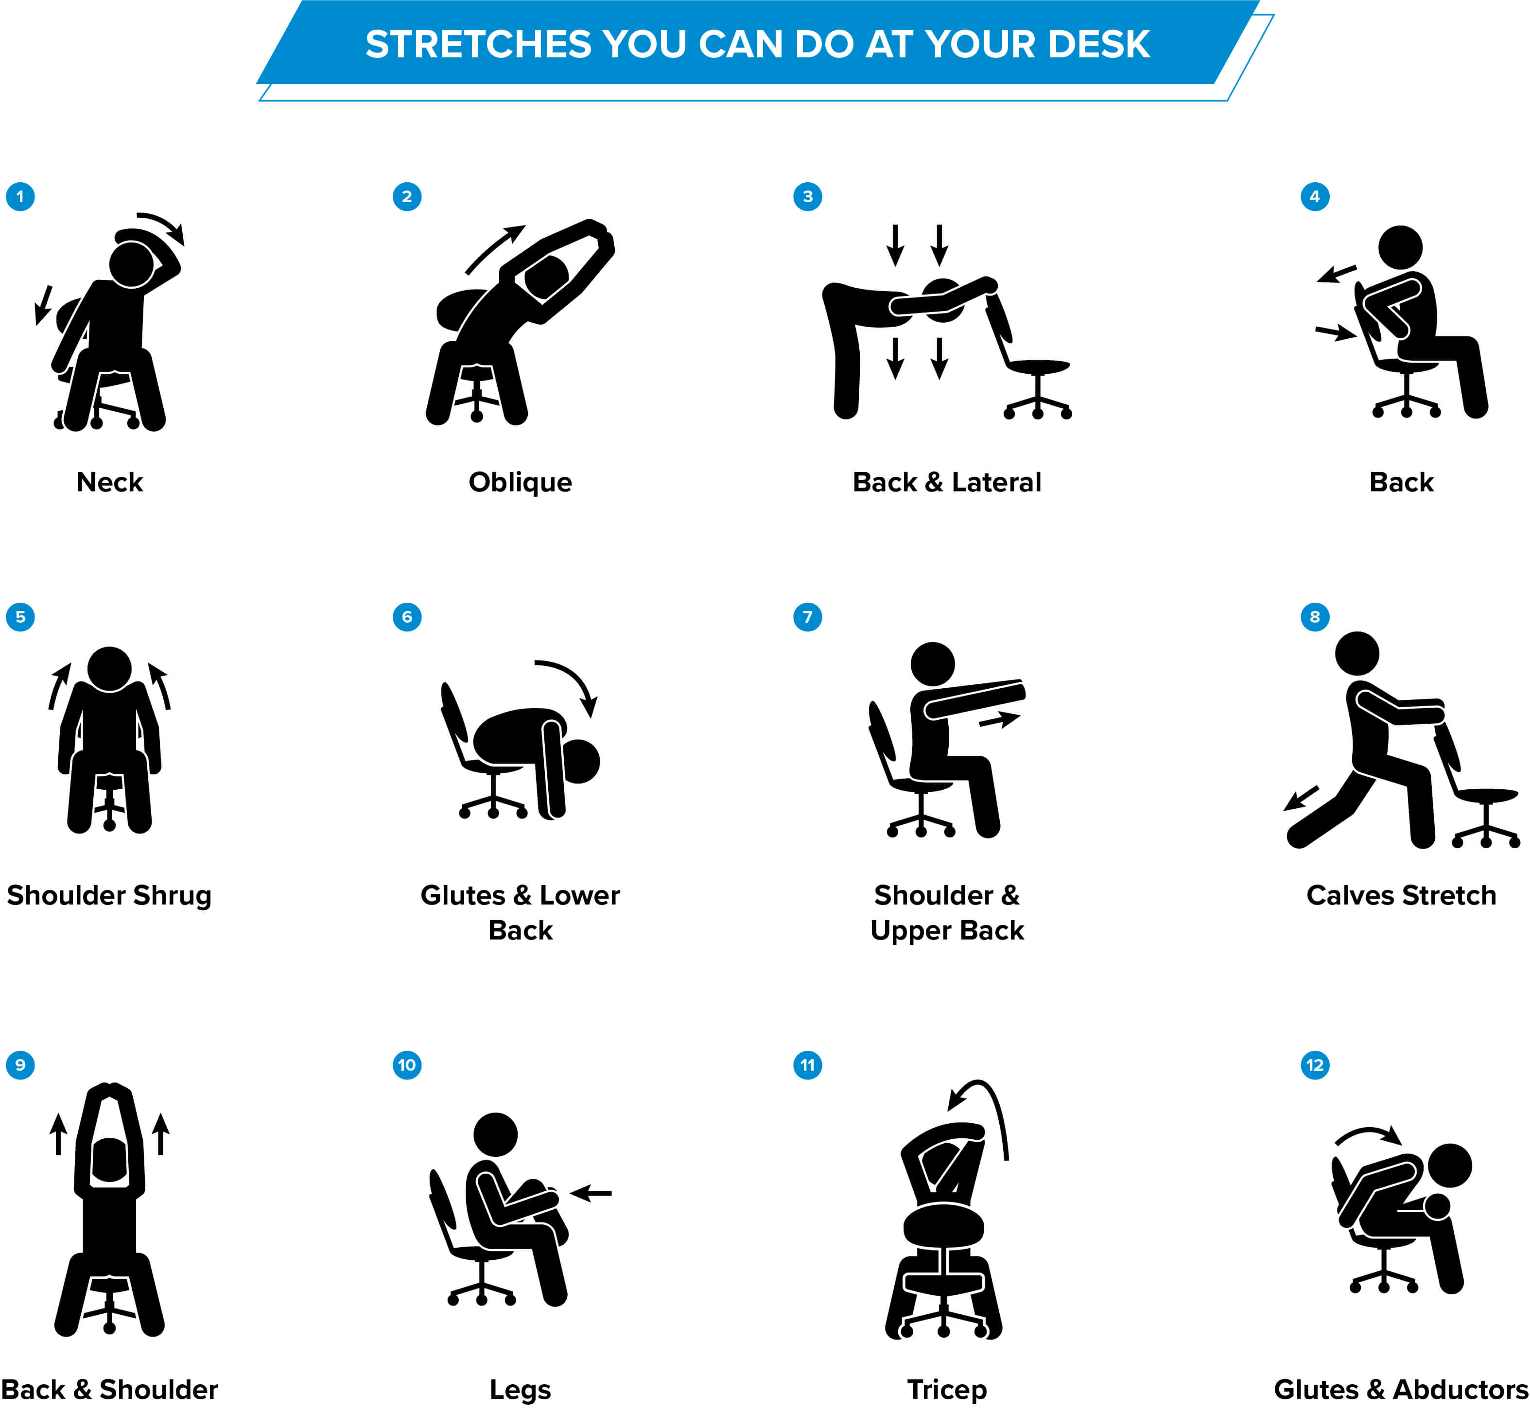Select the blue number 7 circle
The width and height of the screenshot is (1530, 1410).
click(807, 616)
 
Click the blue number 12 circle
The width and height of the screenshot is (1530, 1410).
click(1314, 1064)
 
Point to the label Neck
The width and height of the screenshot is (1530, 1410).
click(110, 482)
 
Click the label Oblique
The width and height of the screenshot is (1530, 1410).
click(521, 482)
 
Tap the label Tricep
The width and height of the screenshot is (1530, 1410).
click(946, 1390)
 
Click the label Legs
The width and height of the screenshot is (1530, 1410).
click(521, 1390)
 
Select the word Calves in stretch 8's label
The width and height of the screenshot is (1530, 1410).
click(1349, 895)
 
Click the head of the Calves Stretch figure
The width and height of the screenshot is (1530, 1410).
click(1357, 653)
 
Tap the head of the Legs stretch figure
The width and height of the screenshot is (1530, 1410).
click(495, 1134)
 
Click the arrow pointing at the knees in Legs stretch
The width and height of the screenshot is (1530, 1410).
click(591, 1193)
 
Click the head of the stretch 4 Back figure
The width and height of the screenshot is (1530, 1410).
click(1400, 247)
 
